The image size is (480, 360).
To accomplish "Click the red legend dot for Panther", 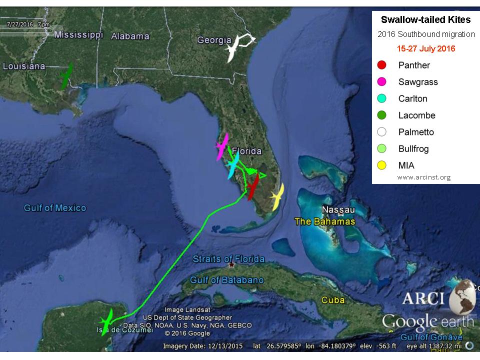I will pos(382,65).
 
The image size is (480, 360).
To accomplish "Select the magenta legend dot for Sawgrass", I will pos(382,82).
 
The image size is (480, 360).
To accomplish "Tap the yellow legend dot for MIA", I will pos(382,165).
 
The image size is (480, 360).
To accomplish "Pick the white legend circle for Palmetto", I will pos(382,132).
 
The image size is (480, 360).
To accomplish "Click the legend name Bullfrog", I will pos(413,149).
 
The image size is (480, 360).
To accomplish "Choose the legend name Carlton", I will pos(412,98).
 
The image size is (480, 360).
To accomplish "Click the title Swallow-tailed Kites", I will pos(425,20).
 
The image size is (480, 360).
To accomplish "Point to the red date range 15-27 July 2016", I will pos(425,49).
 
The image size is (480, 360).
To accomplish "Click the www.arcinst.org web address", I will pos(424,177).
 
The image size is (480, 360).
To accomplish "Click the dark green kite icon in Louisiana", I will pos(65,76).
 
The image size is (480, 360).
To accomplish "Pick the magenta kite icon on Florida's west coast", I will pos(221,146).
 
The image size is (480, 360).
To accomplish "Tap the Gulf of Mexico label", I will pos(55,208).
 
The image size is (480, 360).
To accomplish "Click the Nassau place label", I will pos(338,209).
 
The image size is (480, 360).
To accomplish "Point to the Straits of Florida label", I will pos(228,259).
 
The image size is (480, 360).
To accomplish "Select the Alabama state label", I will pos(130,36).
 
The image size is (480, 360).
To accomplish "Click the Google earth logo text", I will pos(427,320).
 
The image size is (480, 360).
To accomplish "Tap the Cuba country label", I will pos(333,300).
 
